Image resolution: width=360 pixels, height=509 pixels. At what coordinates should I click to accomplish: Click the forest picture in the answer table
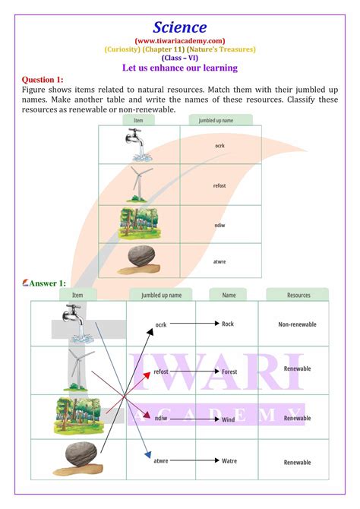[x=77, y=415]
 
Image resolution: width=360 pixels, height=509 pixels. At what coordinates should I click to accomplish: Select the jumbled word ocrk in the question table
[x=219, y=144]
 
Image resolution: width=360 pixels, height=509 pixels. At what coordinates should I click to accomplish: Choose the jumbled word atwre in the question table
[x=219, y=262]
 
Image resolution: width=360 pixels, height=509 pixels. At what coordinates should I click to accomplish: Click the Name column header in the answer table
[x=229, y=294]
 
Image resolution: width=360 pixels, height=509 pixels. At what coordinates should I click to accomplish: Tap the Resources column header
[x=298, y=294]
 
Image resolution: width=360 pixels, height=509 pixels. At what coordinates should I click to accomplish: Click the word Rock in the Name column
[x=228, y=324]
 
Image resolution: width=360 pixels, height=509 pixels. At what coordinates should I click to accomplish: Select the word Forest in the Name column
[x=229, y=371]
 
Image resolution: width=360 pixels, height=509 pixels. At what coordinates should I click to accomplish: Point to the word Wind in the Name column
[x=229, y=417]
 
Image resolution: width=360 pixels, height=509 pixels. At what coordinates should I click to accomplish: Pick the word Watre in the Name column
[x=229, y=460]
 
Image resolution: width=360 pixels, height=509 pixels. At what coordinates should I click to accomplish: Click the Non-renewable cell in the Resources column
[x=297, y=324]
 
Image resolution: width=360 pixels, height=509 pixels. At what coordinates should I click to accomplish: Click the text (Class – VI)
[x=180, y=58]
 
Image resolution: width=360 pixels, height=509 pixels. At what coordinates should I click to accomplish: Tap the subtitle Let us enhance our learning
[x=180, y=68]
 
